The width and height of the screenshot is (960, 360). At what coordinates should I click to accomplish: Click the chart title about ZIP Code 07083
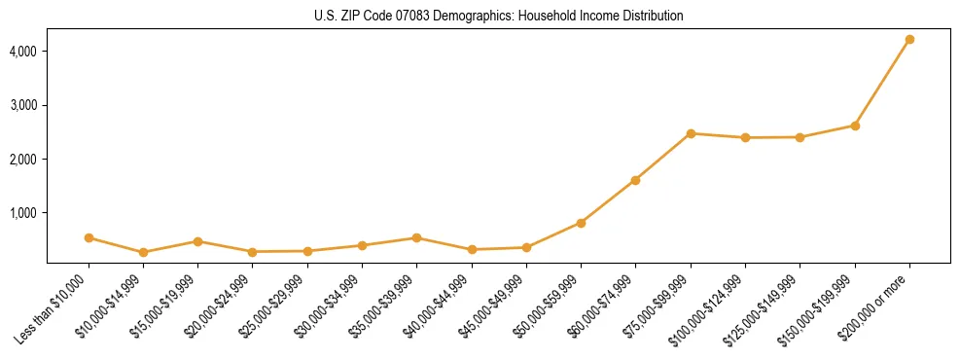click(x=498, y=17)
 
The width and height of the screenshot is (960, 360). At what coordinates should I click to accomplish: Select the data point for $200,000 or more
click(x=909, y=40)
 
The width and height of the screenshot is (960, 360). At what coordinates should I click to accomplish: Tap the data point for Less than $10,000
click(x=89, y=237)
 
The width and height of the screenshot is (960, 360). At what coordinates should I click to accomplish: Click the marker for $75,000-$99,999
click(x=691, y=133)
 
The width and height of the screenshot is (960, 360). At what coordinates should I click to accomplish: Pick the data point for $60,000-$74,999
click(x=635, y=180)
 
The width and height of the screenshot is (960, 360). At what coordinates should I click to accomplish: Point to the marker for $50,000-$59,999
click(x=581, y=223)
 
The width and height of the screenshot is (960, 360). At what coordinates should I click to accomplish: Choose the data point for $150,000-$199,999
click(x=855, y=126)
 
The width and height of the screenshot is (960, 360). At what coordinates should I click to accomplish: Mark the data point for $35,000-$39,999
click(x=416, y=237)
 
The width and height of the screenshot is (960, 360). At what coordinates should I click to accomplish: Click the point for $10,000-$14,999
click(x=143, y=252)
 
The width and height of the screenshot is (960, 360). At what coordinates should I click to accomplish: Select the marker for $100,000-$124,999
click(x=745, y=137)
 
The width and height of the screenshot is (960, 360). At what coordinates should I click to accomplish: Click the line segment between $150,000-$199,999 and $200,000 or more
click(x=882, y=83)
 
